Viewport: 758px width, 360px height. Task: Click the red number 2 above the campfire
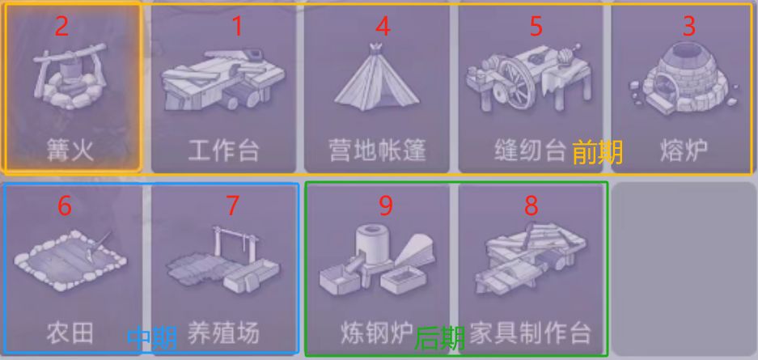[61, 27]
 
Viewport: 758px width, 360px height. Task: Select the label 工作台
[224, 150]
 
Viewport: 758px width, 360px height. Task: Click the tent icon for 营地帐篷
[377, 78]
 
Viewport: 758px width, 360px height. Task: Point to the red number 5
[536, 27]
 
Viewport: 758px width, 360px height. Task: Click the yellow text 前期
[598, 153]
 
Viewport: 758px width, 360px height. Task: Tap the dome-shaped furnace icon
[683, 78]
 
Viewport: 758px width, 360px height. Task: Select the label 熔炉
[684, 150]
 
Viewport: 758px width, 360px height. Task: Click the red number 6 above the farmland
[64, 206]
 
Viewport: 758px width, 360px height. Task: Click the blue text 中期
[152, 338]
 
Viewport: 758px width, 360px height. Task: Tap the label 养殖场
[224, 333]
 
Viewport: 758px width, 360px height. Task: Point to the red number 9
[385, 206]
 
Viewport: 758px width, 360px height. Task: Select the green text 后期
[440, 338]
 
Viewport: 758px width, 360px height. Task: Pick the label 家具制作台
[531, 333]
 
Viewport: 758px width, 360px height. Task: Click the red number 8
[531, 206]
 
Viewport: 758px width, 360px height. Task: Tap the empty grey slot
[684, 269]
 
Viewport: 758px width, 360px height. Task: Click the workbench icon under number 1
[223, 80]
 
